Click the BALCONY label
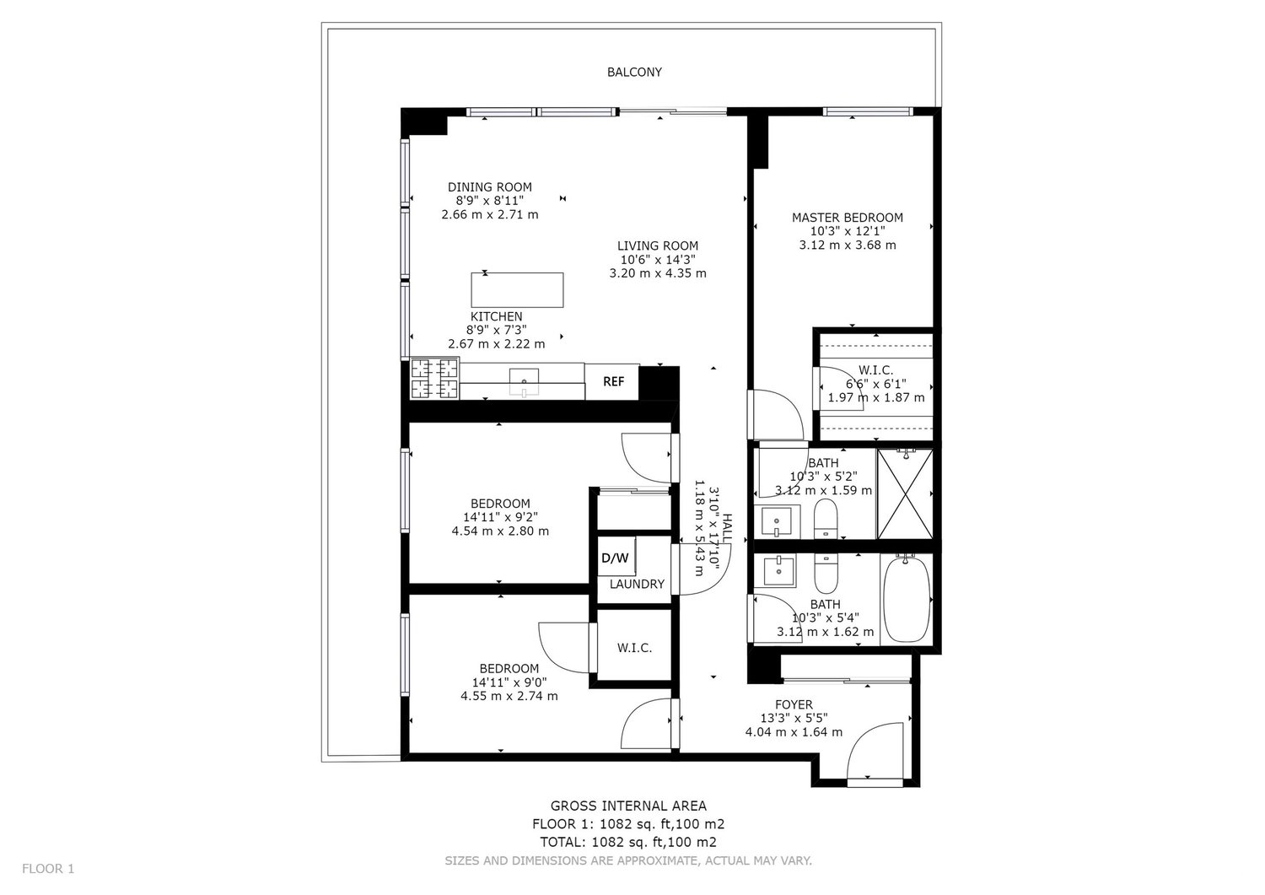coord(634,73)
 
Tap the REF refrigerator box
coord(612,382)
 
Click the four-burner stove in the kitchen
coord(434,379)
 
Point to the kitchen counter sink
coord(524,382)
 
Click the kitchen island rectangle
coord(517,290)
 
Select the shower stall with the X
coord(905,493)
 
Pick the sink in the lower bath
coord(778,571)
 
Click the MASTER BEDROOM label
coord(847,218)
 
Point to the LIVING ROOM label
coord(657,245)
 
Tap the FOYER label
coord(794,704)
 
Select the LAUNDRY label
coord(637,585)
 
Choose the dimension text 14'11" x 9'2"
coord(500,517)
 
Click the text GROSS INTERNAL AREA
coord(628,806)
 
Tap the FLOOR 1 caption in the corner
coord(48,869)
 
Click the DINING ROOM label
coord(490,187)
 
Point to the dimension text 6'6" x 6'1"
coord(876,384)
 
